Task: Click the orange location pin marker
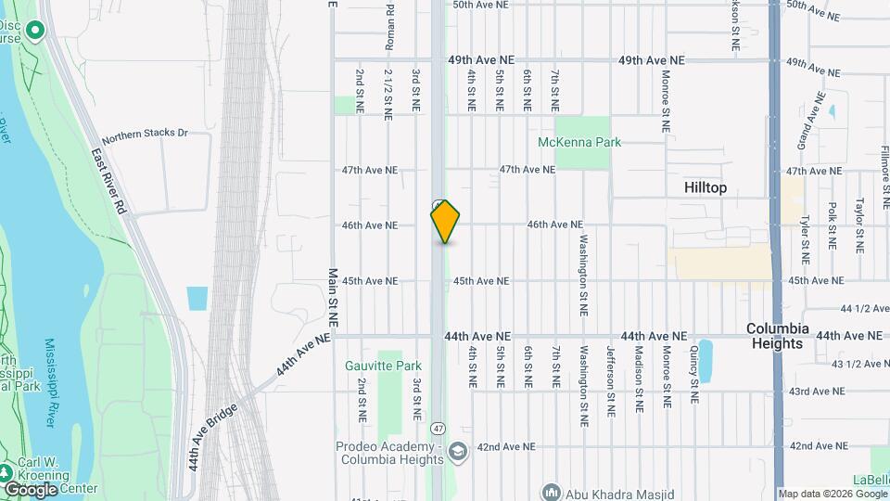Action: click(445, 221)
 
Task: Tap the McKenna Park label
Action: click(579, 142)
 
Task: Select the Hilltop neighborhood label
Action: click(705, 187)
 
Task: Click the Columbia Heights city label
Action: click(777, 336)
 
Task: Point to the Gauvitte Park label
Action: click(383, 366)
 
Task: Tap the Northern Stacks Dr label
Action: click(145, 134)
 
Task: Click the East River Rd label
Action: click(108, 183)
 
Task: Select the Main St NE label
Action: click(333, 298)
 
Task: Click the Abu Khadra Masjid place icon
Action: click(552, 492)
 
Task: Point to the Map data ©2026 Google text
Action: click(832, 494)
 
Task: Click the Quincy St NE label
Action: click(693, 374)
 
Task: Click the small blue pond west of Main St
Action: click(197, 299)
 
